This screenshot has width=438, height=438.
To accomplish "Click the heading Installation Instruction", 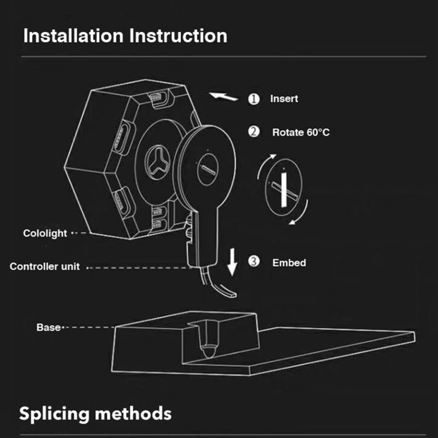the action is point(125,36).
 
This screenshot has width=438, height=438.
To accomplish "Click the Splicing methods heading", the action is point(95,413).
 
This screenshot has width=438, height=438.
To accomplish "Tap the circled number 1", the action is point(254,99).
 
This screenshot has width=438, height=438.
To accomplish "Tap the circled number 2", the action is point(254,131).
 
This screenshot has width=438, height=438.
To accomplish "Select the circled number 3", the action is point(254,262).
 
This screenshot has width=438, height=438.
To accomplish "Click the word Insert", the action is point(284,99).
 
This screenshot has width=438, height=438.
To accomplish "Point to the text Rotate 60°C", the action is point(301,132).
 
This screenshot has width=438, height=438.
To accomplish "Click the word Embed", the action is point(289,263).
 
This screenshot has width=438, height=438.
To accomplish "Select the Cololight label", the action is point(45,233).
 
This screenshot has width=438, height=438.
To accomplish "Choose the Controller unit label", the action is point(45,266).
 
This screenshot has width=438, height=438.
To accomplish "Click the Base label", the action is point(48,327).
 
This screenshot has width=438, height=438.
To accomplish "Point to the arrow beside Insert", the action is point(224,96).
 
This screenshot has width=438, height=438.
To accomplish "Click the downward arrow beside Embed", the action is point(232,262).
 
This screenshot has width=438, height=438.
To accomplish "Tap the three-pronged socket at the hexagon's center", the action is point(158,162).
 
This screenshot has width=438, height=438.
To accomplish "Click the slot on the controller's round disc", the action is point(208,169).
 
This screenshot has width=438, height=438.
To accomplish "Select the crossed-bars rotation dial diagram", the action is point(283,187).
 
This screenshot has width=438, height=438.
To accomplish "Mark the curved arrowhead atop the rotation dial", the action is point(273,157).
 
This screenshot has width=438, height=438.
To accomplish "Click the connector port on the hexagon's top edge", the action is point(159,98).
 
